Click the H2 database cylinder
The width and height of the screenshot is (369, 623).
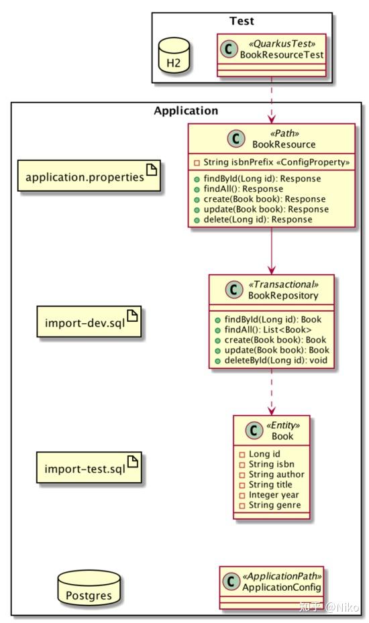pos(174,56)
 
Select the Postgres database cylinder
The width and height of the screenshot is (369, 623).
pos(89,588)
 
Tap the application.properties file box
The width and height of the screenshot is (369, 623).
pos(89,176)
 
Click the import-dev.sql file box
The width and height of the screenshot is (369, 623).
pos(89,321)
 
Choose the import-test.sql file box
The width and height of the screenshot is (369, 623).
pos(89,467)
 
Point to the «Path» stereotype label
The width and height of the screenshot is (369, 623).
pos(284,133)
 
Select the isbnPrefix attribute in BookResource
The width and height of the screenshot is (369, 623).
pos(272,162)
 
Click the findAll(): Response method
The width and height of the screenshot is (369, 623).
pos(239,188)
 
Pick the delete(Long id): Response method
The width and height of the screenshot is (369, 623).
pos(254,219)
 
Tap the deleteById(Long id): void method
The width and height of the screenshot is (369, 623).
pos(271,360)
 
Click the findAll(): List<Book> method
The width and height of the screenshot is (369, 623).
pos(263,329)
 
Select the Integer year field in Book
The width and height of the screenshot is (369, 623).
pos(269,495)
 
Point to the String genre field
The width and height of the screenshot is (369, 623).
pos(270,505)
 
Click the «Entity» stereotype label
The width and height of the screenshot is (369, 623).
pos(283,425)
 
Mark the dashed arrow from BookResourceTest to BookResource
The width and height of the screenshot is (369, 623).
pos(272,100)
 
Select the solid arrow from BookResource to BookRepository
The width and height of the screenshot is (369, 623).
pos(272,251)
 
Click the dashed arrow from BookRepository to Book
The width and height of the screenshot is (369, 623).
pos(272,392)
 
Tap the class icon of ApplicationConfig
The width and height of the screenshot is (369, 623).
pos(231,582)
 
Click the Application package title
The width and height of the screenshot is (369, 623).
pos(186,111)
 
